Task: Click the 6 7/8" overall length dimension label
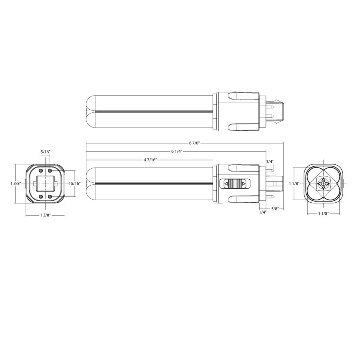pos(195,143)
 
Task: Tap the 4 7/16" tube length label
pos(150,160)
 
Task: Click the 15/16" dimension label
pos(74,184)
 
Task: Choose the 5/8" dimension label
pos(275,208)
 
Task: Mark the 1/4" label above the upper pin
pos(270,162)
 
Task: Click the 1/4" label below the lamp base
pos(262,212)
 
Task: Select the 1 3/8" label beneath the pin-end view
pos(45,215)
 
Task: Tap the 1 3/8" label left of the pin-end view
pos(16,183)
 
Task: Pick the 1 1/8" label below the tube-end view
pos(323,214)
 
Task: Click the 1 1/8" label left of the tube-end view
pos(294,183)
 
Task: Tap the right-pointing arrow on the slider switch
pos(243,184)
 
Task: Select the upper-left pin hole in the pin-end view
pos(41,171)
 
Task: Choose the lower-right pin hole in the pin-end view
pos(50,196)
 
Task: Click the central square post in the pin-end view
pos(46,184)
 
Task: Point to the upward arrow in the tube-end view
pos(323,180)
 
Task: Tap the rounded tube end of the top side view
pos(90,113)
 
